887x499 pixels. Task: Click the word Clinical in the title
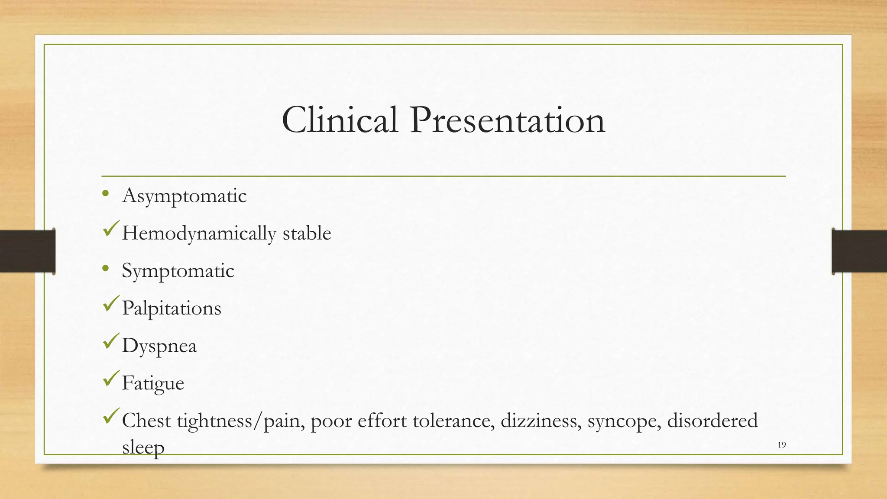340,120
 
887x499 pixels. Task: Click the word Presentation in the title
507,120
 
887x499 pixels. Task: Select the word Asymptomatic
185,196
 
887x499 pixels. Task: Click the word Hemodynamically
199,234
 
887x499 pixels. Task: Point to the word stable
307,233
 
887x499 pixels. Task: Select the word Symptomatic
178,271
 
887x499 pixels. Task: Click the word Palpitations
172,308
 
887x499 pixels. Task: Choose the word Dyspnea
159,346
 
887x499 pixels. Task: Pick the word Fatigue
153,383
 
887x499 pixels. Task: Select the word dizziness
541,421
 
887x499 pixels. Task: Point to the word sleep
143,447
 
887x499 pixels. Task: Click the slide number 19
782,445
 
